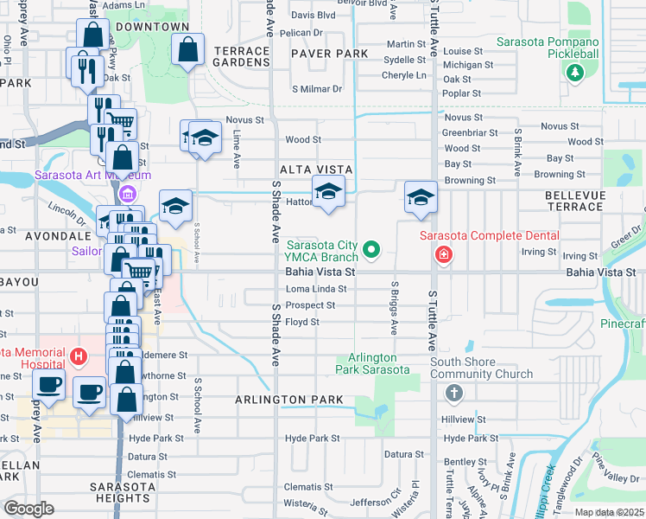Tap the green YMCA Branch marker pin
pos(371,251)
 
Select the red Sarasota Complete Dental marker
pos(443,254)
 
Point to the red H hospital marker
pos(79,355)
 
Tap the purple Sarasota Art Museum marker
pos(129,194)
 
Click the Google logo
pos(29,508)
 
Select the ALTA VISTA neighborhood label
pos(315,170)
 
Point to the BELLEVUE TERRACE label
pos(574,202)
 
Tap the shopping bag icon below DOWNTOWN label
pos(188,51)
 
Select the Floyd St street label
pos(302,322)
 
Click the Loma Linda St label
pos(315,289)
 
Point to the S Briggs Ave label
pos(394,307)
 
